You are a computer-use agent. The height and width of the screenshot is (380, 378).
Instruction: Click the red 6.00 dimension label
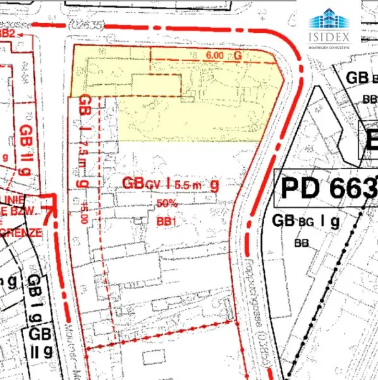(215, 56)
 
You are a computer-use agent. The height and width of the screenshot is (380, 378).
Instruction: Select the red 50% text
(166, 203)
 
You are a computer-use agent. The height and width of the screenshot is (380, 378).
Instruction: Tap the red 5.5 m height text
(188, 184)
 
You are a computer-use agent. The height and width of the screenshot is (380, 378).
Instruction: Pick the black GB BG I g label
(306, 222)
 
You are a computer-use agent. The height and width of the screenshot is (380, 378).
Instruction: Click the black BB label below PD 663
(301, 244)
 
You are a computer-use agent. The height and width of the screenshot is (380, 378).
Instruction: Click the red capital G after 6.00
(238, 56)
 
